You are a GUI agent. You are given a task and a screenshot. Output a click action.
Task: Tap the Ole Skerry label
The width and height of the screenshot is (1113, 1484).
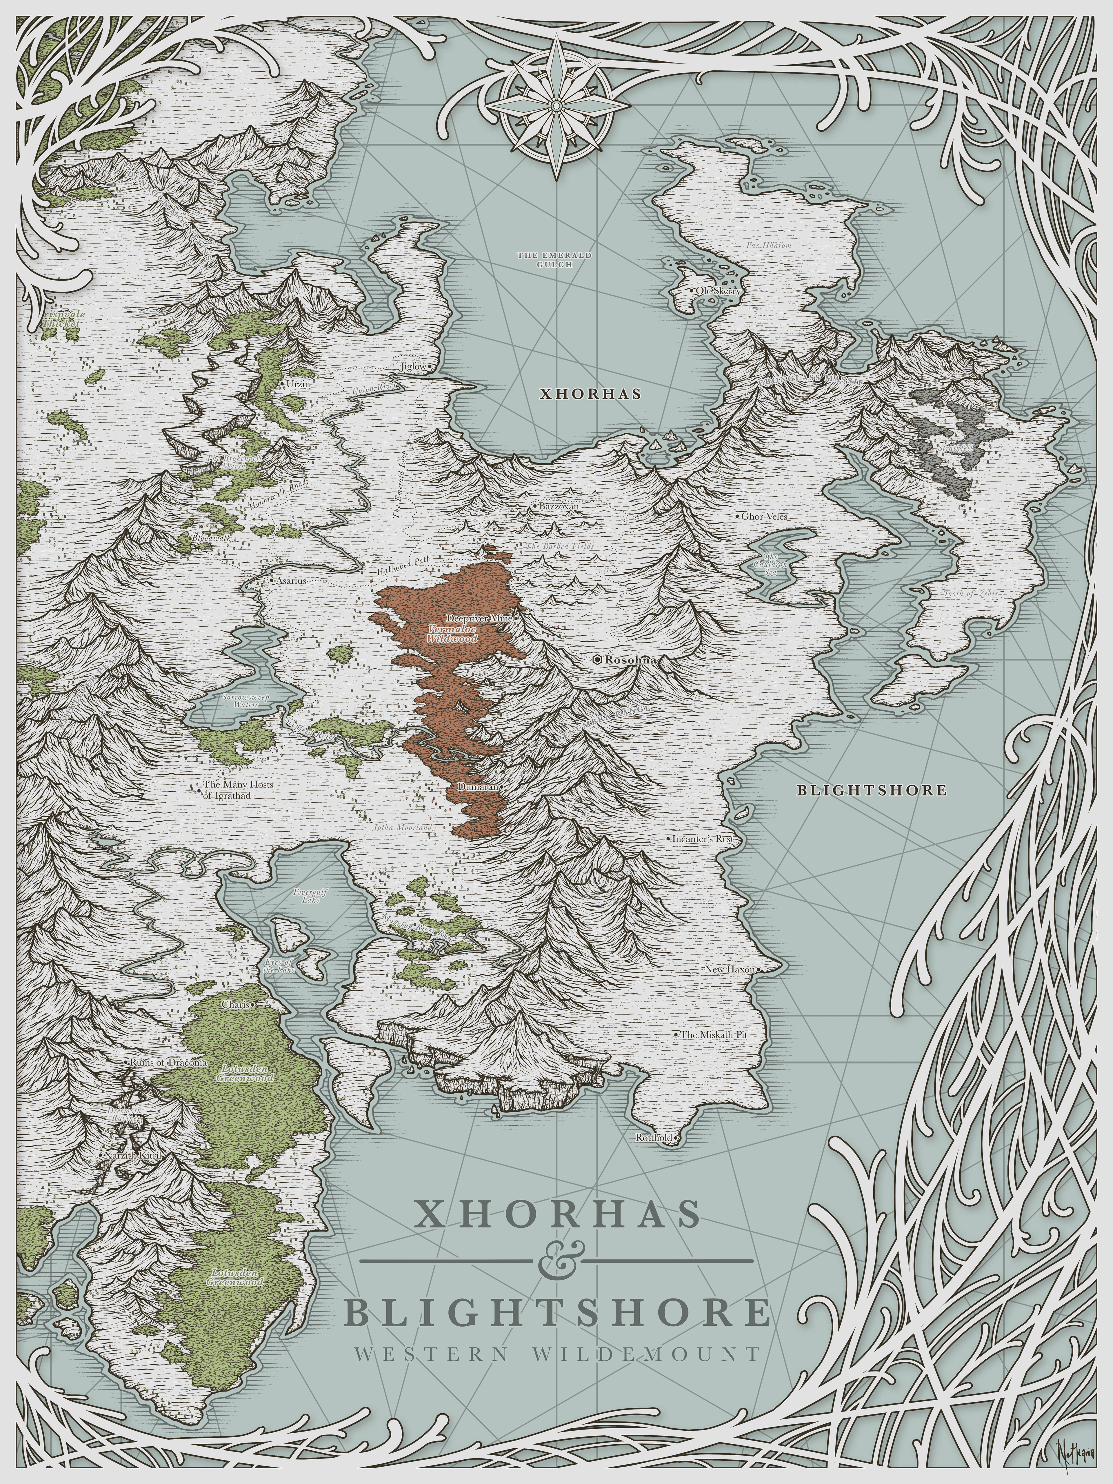pos(719,291)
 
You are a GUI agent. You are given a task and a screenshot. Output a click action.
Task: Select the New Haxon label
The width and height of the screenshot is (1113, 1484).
pos(730,970)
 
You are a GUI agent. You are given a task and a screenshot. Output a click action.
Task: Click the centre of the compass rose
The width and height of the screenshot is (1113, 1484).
pos(556,106)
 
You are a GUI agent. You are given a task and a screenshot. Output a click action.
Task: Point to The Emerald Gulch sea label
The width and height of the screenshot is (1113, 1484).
pos(554,260)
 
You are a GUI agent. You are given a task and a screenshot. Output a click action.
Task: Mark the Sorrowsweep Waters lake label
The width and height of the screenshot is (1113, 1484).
pos(245,701)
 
